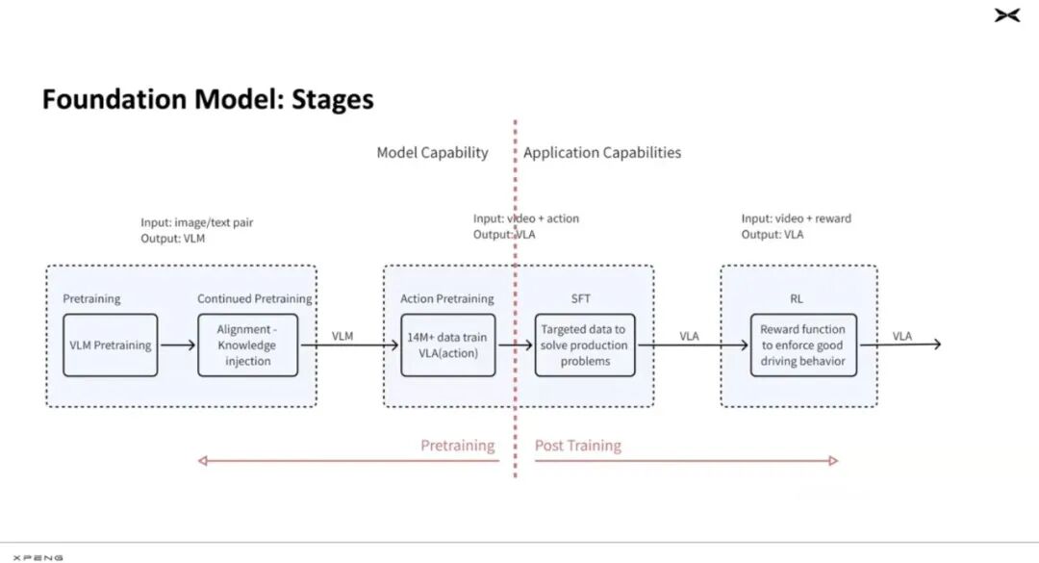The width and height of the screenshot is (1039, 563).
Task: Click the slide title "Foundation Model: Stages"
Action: [208, 99]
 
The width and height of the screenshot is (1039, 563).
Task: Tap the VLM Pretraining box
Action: [111, 345]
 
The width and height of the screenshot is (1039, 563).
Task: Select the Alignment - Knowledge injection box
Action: [248, 345]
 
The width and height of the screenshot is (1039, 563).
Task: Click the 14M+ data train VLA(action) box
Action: [448, 345]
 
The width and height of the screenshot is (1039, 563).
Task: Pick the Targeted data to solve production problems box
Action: [585, 345]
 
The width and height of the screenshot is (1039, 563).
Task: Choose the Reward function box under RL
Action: [803, 345]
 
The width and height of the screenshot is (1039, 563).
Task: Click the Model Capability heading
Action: [432, 153]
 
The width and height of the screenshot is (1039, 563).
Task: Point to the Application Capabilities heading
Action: [602, 153]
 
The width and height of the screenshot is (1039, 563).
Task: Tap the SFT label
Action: [580, 299]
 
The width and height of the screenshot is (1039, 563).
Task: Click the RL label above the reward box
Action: [797, 299]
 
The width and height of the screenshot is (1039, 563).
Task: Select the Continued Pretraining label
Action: [254, 299]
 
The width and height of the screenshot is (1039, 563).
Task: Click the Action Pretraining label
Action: [446, 299]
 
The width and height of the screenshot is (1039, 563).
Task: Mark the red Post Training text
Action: [578, 446]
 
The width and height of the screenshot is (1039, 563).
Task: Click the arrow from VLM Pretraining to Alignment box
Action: [178, 345]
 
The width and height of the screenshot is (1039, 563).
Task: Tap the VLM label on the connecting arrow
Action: [342, 336]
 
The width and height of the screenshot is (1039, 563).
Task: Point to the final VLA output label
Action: [901, 336]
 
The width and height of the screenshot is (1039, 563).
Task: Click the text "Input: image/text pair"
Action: [197, 223]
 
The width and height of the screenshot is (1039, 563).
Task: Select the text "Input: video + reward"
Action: [796, 218]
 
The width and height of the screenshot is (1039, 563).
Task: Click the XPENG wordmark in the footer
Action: [38, 558]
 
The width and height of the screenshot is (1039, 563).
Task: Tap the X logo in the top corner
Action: [1007, 15]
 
